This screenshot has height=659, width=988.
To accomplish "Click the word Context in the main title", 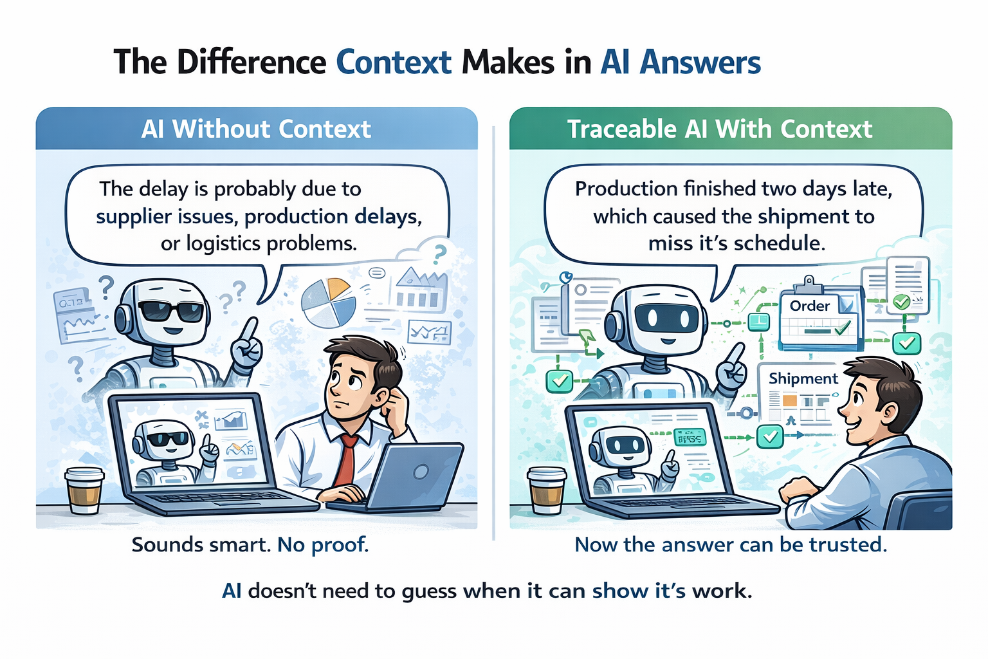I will coord(394,62).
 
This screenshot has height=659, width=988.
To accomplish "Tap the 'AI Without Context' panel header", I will coord(256,129).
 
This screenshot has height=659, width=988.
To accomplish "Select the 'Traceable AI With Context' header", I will coord(719,129).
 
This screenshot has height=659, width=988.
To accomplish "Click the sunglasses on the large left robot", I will coord(170,312).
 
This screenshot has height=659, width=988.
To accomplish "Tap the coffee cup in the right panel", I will coord(547,492).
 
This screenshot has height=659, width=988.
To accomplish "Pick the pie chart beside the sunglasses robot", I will coord(329,302).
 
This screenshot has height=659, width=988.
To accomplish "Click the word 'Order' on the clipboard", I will coord(809,306).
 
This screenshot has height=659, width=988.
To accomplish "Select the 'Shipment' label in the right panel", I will coord(803,378).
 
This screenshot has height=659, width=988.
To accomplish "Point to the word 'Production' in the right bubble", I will coord(626,189).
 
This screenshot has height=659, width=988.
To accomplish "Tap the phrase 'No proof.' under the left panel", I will coord(323,545).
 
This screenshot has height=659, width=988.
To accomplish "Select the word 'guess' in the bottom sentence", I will coord(428,591).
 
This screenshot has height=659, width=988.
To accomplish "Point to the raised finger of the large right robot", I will coord(737,353).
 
